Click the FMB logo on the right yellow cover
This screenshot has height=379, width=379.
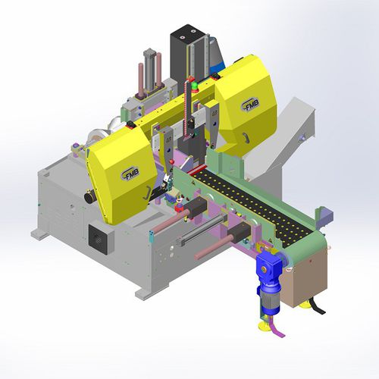(x=251, y=104)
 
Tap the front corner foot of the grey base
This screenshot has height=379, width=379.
(x=142, y=292)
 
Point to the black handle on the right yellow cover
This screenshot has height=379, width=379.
(x=247, y=136)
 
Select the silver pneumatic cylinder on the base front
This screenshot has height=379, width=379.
(x=199, y=240)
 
